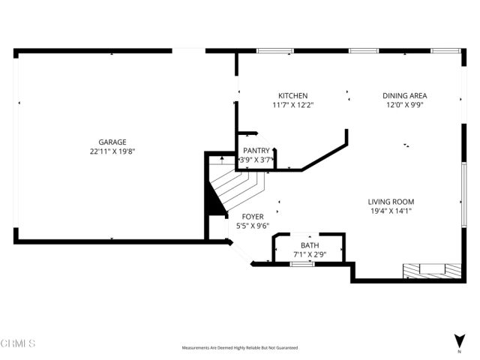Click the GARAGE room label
point(112,142)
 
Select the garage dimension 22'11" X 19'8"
point(112,151)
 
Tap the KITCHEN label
point(292,96)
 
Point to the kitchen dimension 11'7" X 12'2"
point(292,105)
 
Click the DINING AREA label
point(405,96)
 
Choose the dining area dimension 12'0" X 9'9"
point(405,105)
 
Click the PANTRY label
point(256,151)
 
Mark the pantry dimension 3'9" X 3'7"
point(256,160)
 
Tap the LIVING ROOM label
point(390,202)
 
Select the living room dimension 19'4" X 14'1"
point(390,211)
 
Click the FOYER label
point(252,216)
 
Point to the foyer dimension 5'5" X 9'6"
point(252,225)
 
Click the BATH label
point(309,246)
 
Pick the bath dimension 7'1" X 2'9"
point(309,255)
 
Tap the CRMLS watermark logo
point(18,343)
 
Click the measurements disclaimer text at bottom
point(239,348)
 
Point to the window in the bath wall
point(301,263)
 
